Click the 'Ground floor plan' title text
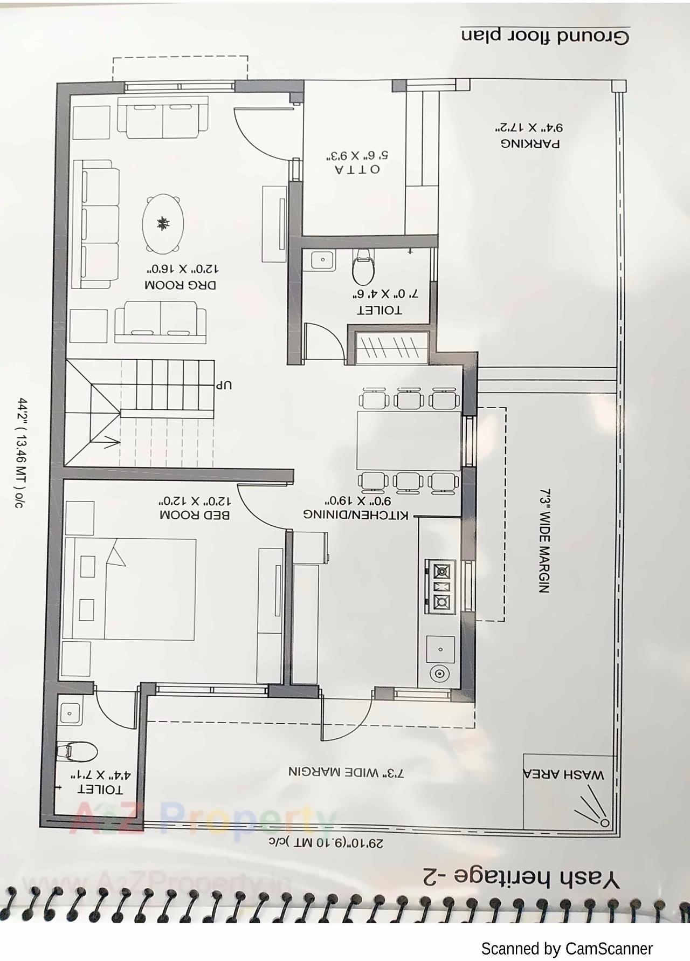click(544, 36)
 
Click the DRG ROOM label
click(180, 285)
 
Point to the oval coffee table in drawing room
click(162, 223)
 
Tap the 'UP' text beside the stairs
click(224, 386)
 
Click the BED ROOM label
click(195, 515)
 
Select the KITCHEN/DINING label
click(356, 515)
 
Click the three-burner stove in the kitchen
click(441, 586)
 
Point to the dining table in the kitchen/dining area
click(409, 440)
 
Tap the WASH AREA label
click(563, 775)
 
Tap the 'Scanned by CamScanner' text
click(567, 949)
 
